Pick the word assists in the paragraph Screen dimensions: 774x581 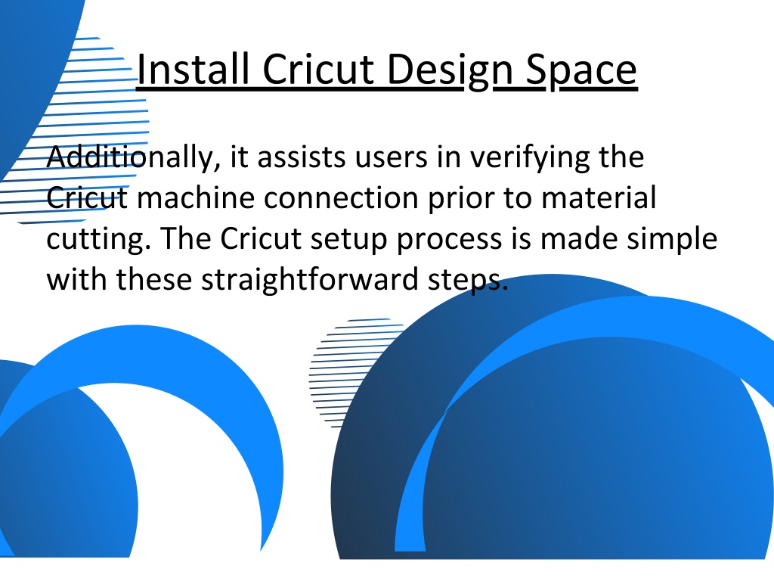coord(302,157)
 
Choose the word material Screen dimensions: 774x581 coord(599,197)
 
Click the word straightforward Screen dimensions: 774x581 coord(309,280)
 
